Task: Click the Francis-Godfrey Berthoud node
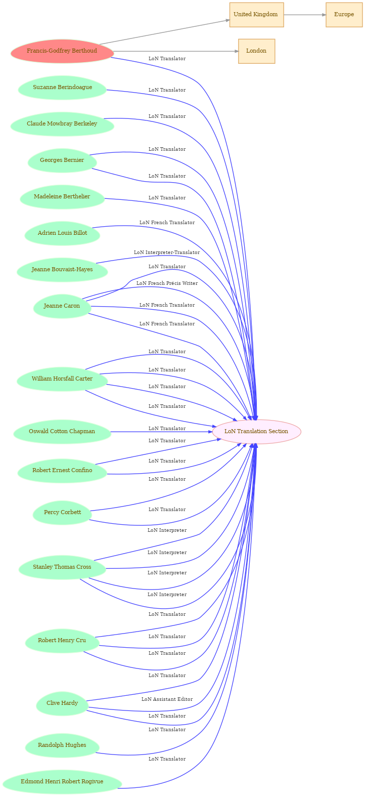[62, 51]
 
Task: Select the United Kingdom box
[256, 15]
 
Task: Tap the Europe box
[344, 15]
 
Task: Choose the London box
[256, 51]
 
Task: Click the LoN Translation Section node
[256, 432]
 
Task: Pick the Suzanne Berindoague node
[62, 88]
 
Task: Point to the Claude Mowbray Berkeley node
[62, 124]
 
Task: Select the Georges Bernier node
[62, 160]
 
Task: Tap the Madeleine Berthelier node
[62, 197]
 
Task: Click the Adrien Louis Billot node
[62, 233]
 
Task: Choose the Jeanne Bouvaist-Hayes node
[62, 270]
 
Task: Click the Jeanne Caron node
[62, 306]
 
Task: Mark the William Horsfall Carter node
[62, 379]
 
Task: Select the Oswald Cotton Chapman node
[62, 432]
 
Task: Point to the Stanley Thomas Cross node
[62, 567]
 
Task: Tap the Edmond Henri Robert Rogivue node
[62, 782]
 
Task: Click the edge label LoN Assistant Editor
[167, 699]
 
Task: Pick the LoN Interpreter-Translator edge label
[167, 253]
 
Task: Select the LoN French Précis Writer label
[167, 283]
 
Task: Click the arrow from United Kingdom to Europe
[304, 15]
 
